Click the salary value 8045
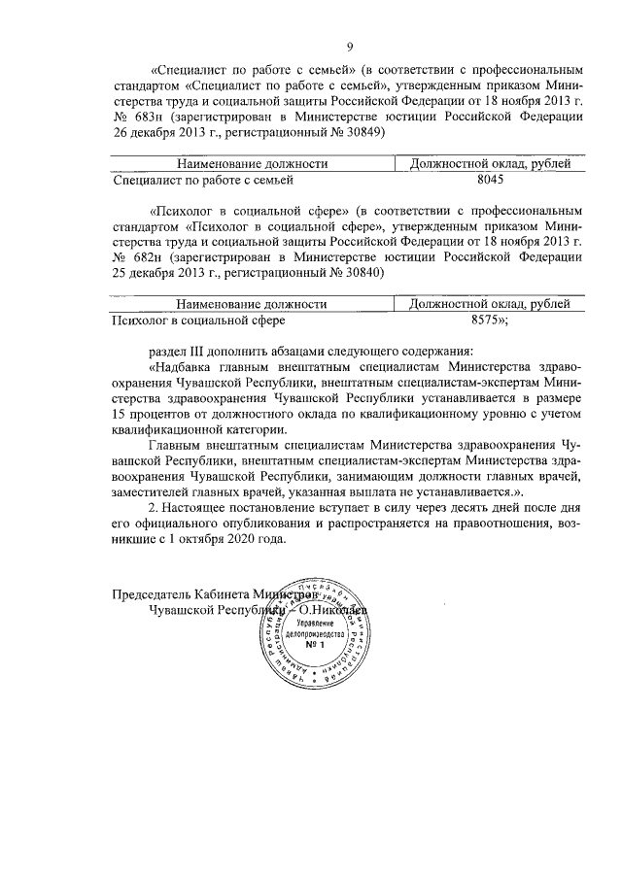click(x=497, y=180)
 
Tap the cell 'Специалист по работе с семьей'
click(x=204, y=180)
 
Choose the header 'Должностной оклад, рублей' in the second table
click(x=497, y=303)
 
